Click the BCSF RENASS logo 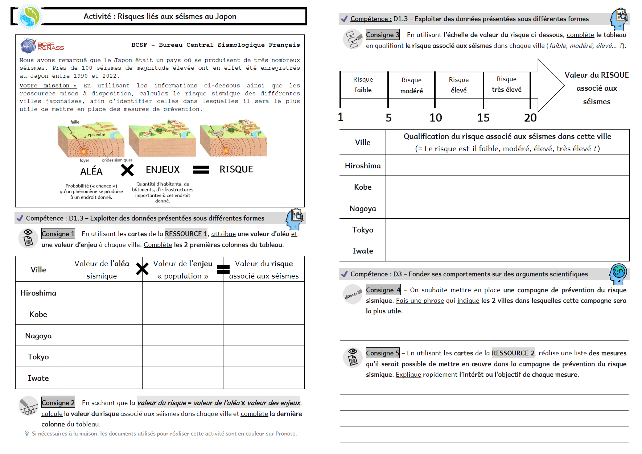[42, 46]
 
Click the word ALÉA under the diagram [91, 171]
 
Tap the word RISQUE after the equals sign [236, 169]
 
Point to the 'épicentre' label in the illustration [96, 135]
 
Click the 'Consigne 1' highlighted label [58, 234]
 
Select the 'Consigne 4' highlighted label [383, 290]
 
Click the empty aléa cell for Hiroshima [102, 293]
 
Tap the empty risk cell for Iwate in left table [264, 378]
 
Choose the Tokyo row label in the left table [38, 357]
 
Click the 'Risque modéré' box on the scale [411, 86]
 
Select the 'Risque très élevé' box [506, 84]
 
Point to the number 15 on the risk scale [483, 117]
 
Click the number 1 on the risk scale [341, 117]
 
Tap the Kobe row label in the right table [363, 187]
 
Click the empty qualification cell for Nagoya [507, 208]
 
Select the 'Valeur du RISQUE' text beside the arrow [596, 75]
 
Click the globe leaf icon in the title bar [30, 16]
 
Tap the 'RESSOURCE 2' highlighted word [513, 353]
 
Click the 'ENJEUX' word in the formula [162, 170]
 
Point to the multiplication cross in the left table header [142, 269]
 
